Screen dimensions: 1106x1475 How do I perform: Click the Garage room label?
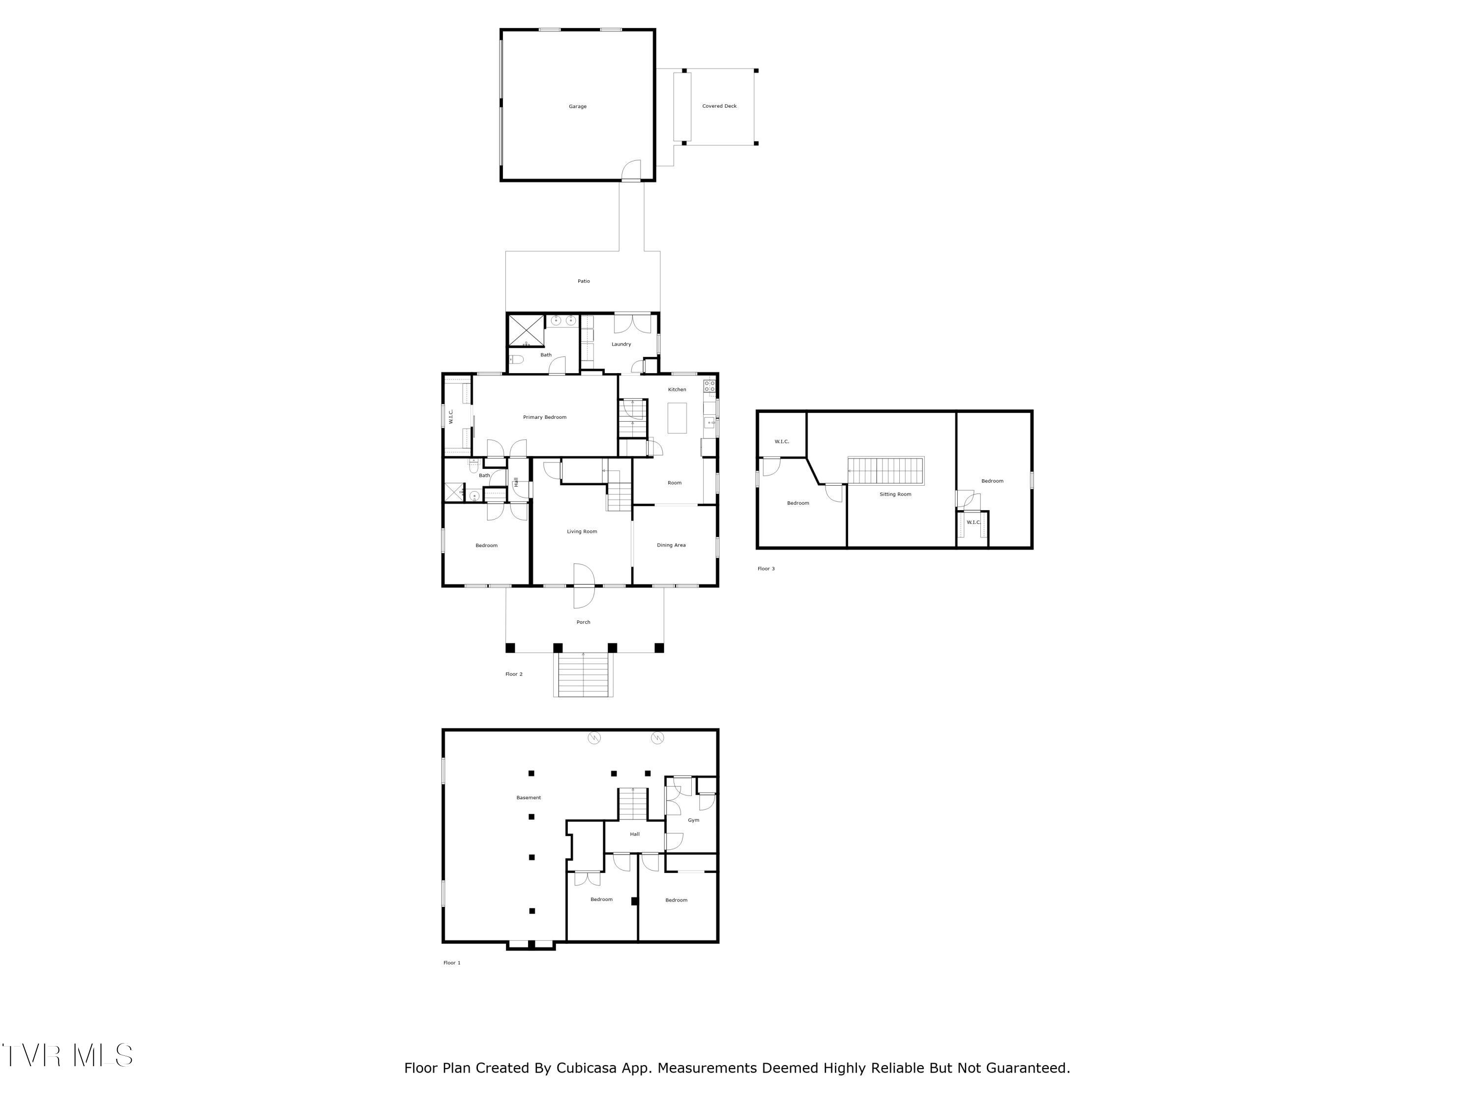point(578,107)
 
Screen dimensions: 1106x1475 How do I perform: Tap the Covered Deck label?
point(719,106)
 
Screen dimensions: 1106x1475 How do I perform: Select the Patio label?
point(584,281)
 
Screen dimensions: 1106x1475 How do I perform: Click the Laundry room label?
point(621,344)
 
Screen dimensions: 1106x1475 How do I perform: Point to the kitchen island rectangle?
point(677,418)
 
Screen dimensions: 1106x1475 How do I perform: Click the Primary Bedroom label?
point(545,417)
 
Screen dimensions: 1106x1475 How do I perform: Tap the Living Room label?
point(582,531)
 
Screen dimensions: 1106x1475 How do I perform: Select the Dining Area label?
point(671,545)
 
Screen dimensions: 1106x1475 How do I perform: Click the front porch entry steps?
point(583,675)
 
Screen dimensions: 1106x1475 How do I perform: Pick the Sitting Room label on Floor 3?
point(895,494)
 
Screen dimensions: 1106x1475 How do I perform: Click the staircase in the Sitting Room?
point(885,471)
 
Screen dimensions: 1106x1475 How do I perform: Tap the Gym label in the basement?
point(693,820)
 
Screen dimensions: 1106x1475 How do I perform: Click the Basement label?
point(528,797)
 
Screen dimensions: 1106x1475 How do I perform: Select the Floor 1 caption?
point(452,962)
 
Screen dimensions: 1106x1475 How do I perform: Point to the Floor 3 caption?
point(766,569)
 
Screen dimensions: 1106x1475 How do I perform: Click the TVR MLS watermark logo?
point(67,1055)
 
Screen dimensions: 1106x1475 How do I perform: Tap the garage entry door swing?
point(631,171)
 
